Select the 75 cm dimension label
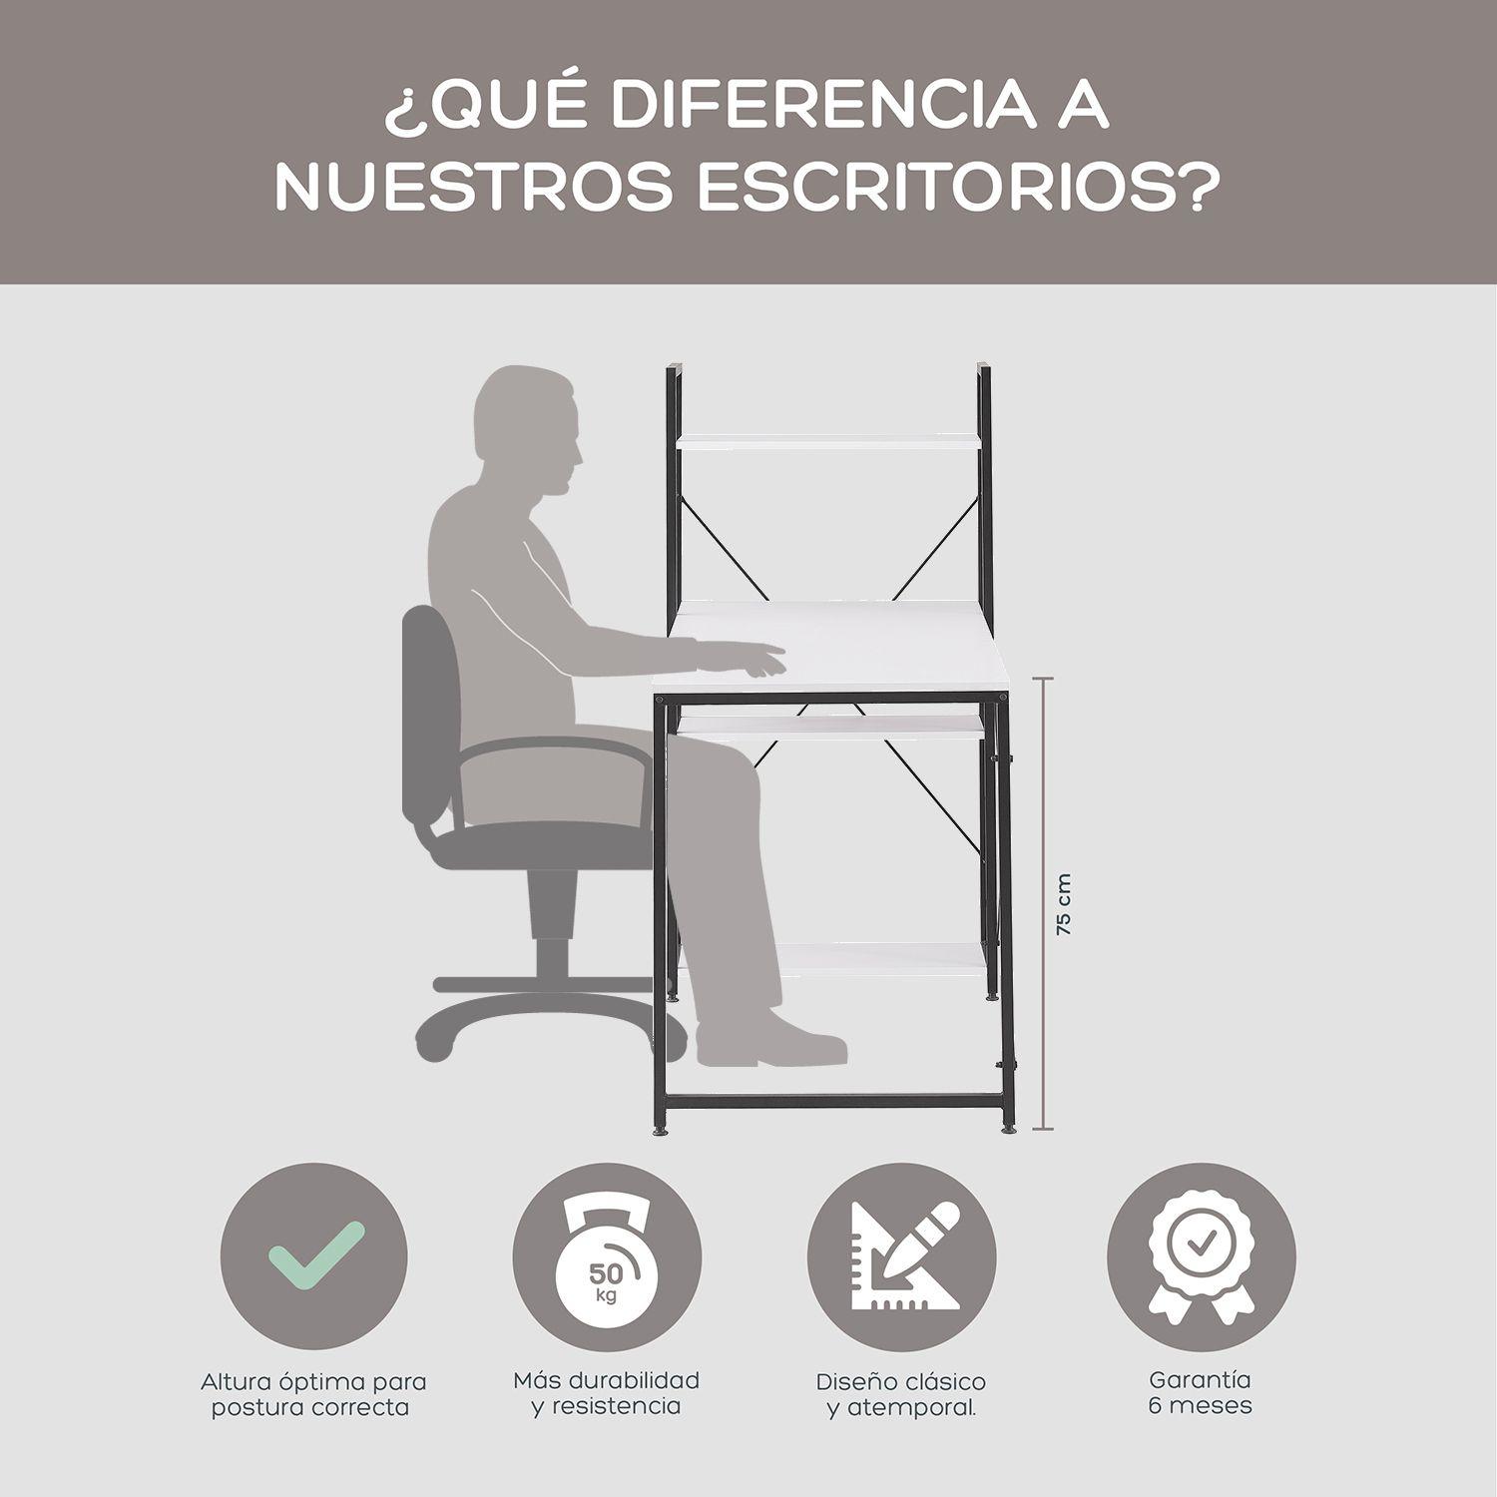pyautogui.click(x=1065, y=904)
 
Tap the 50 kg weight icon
pyautogui.click(x=606, y=1257)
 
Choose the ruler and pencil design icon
pyautogui.click(x=901, y=1257)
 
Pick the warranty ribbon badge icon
pyautogui.click(x=1202, y=1257)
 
